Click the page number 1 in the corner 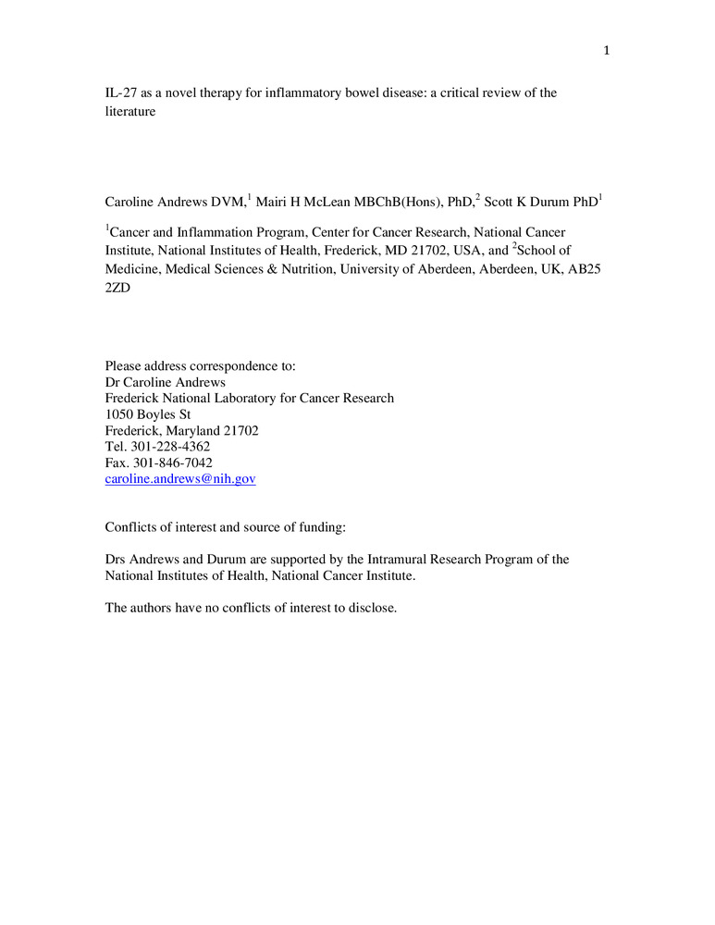click(x=607, y=51)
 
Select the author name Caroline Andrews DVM click(x=174, y=200)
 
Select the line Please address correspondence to click(x=200, y=366)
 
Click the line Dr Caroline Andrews click(x=166, y=382)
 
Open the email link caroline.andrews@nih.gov click(x=180, y=479)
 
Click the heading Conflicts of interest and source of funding click(x=226, y=527)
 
